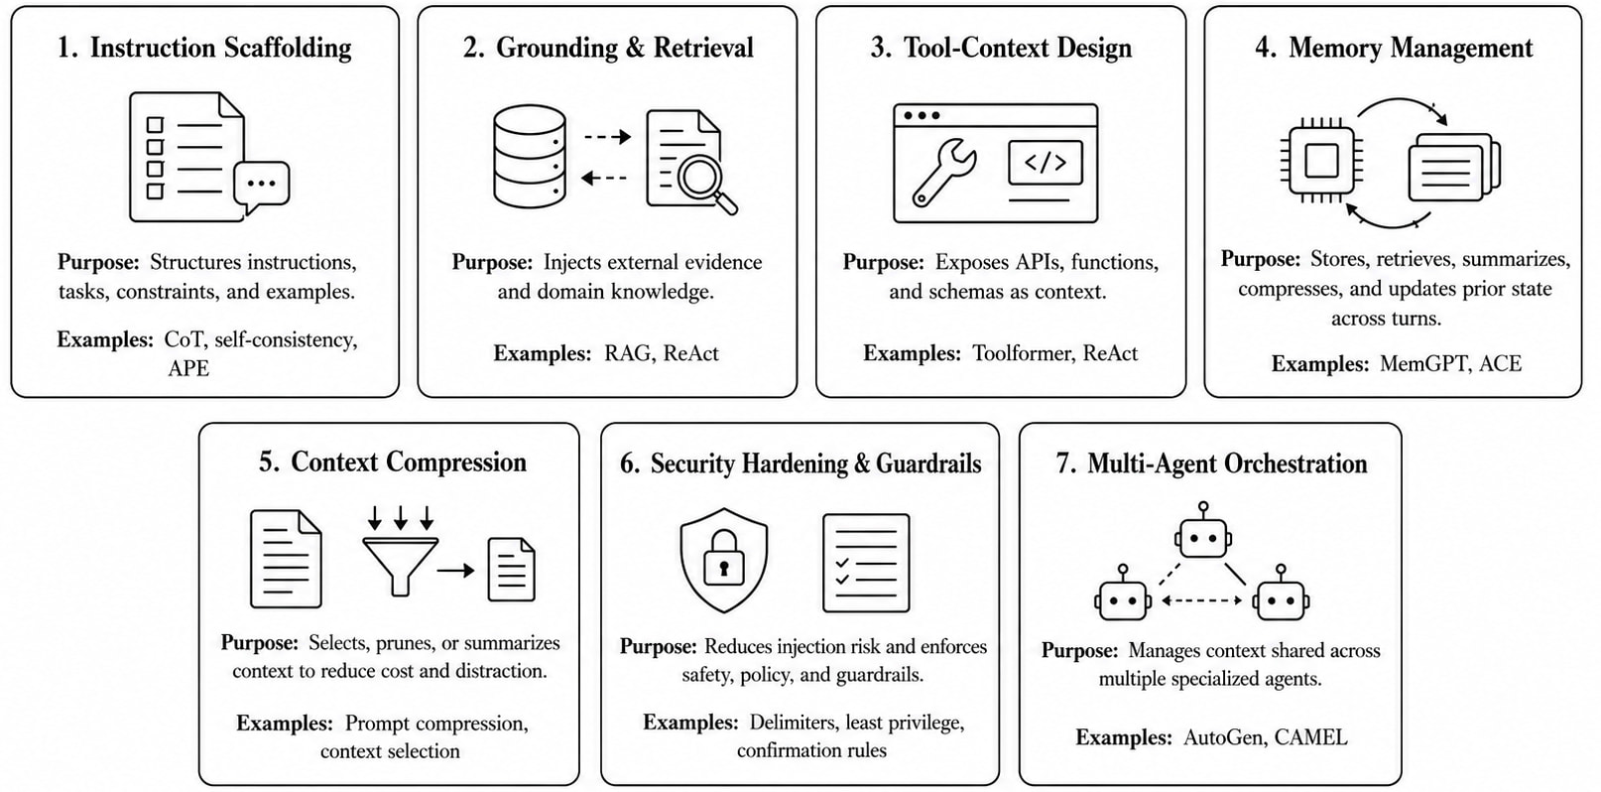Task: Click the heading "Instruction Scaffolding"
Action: [x=221, y=48]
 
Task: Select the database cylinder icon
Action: [x=530, y=157]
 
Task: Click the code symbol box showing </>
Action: [x=1045, y=162]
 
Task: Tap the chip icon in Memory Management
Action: [x=1321, y=160]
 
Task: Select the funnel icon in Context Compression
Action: [x=401, y=566]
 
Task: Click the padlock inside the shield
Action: [x=724, y=558]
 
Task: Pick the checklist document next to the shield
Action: [x=866, y=563]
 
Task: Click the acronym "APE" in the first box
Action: [x=188, y=368]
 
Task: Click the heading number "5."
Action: [x=270, y=462]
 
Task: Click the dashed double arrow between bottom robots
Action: [x=1202, y=600]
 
